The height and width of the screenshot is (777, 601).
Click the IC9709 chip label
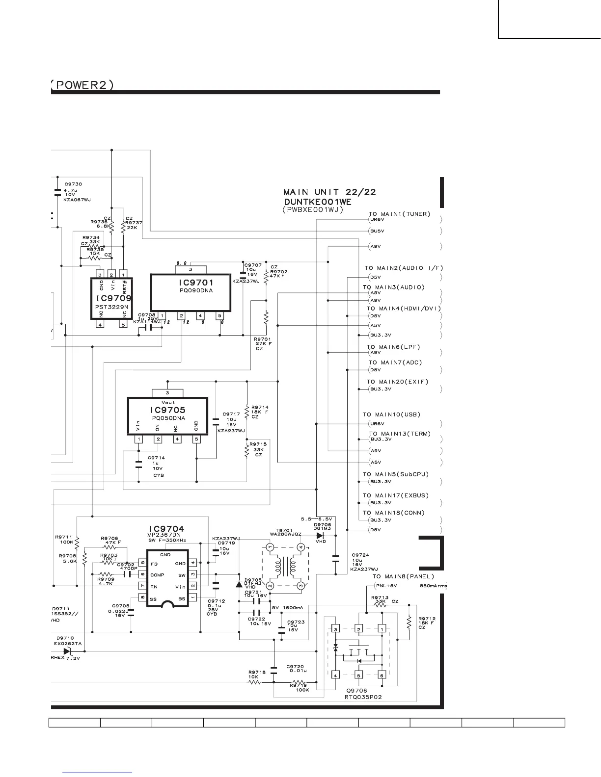(x=114, y=298)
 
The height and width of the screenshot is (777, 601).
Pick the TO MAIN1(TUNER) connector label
(x=399, y=214)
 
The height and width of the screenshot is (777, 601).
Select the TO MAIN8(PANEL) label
(x=403, y=576)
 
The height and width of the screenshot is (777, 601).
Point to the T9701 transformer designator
(x=284, y=530)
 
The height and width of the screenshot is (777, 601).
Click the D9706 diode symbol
(x=320, y=535)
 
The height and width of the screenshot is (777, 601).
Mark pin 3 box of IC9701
(x=190, y=269)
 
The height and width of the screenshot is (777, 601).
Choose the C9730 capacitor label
(x=73, y=184)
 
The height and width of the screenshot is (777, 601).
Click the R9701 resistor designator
(x=263, y=339)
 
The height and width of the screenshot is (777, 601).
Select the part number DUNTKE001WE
(x=317, y=202)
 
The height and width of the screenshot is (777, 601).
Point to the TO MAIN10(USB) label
(x=391, y=414)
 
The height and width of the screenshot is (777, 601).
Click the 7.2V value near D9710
(x=73, y=658)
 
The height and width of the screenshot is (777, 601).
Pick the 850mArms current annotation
(x=434, y=586)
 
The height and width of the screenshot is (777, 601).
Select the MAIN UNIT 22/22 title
(x=329, y=192)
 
